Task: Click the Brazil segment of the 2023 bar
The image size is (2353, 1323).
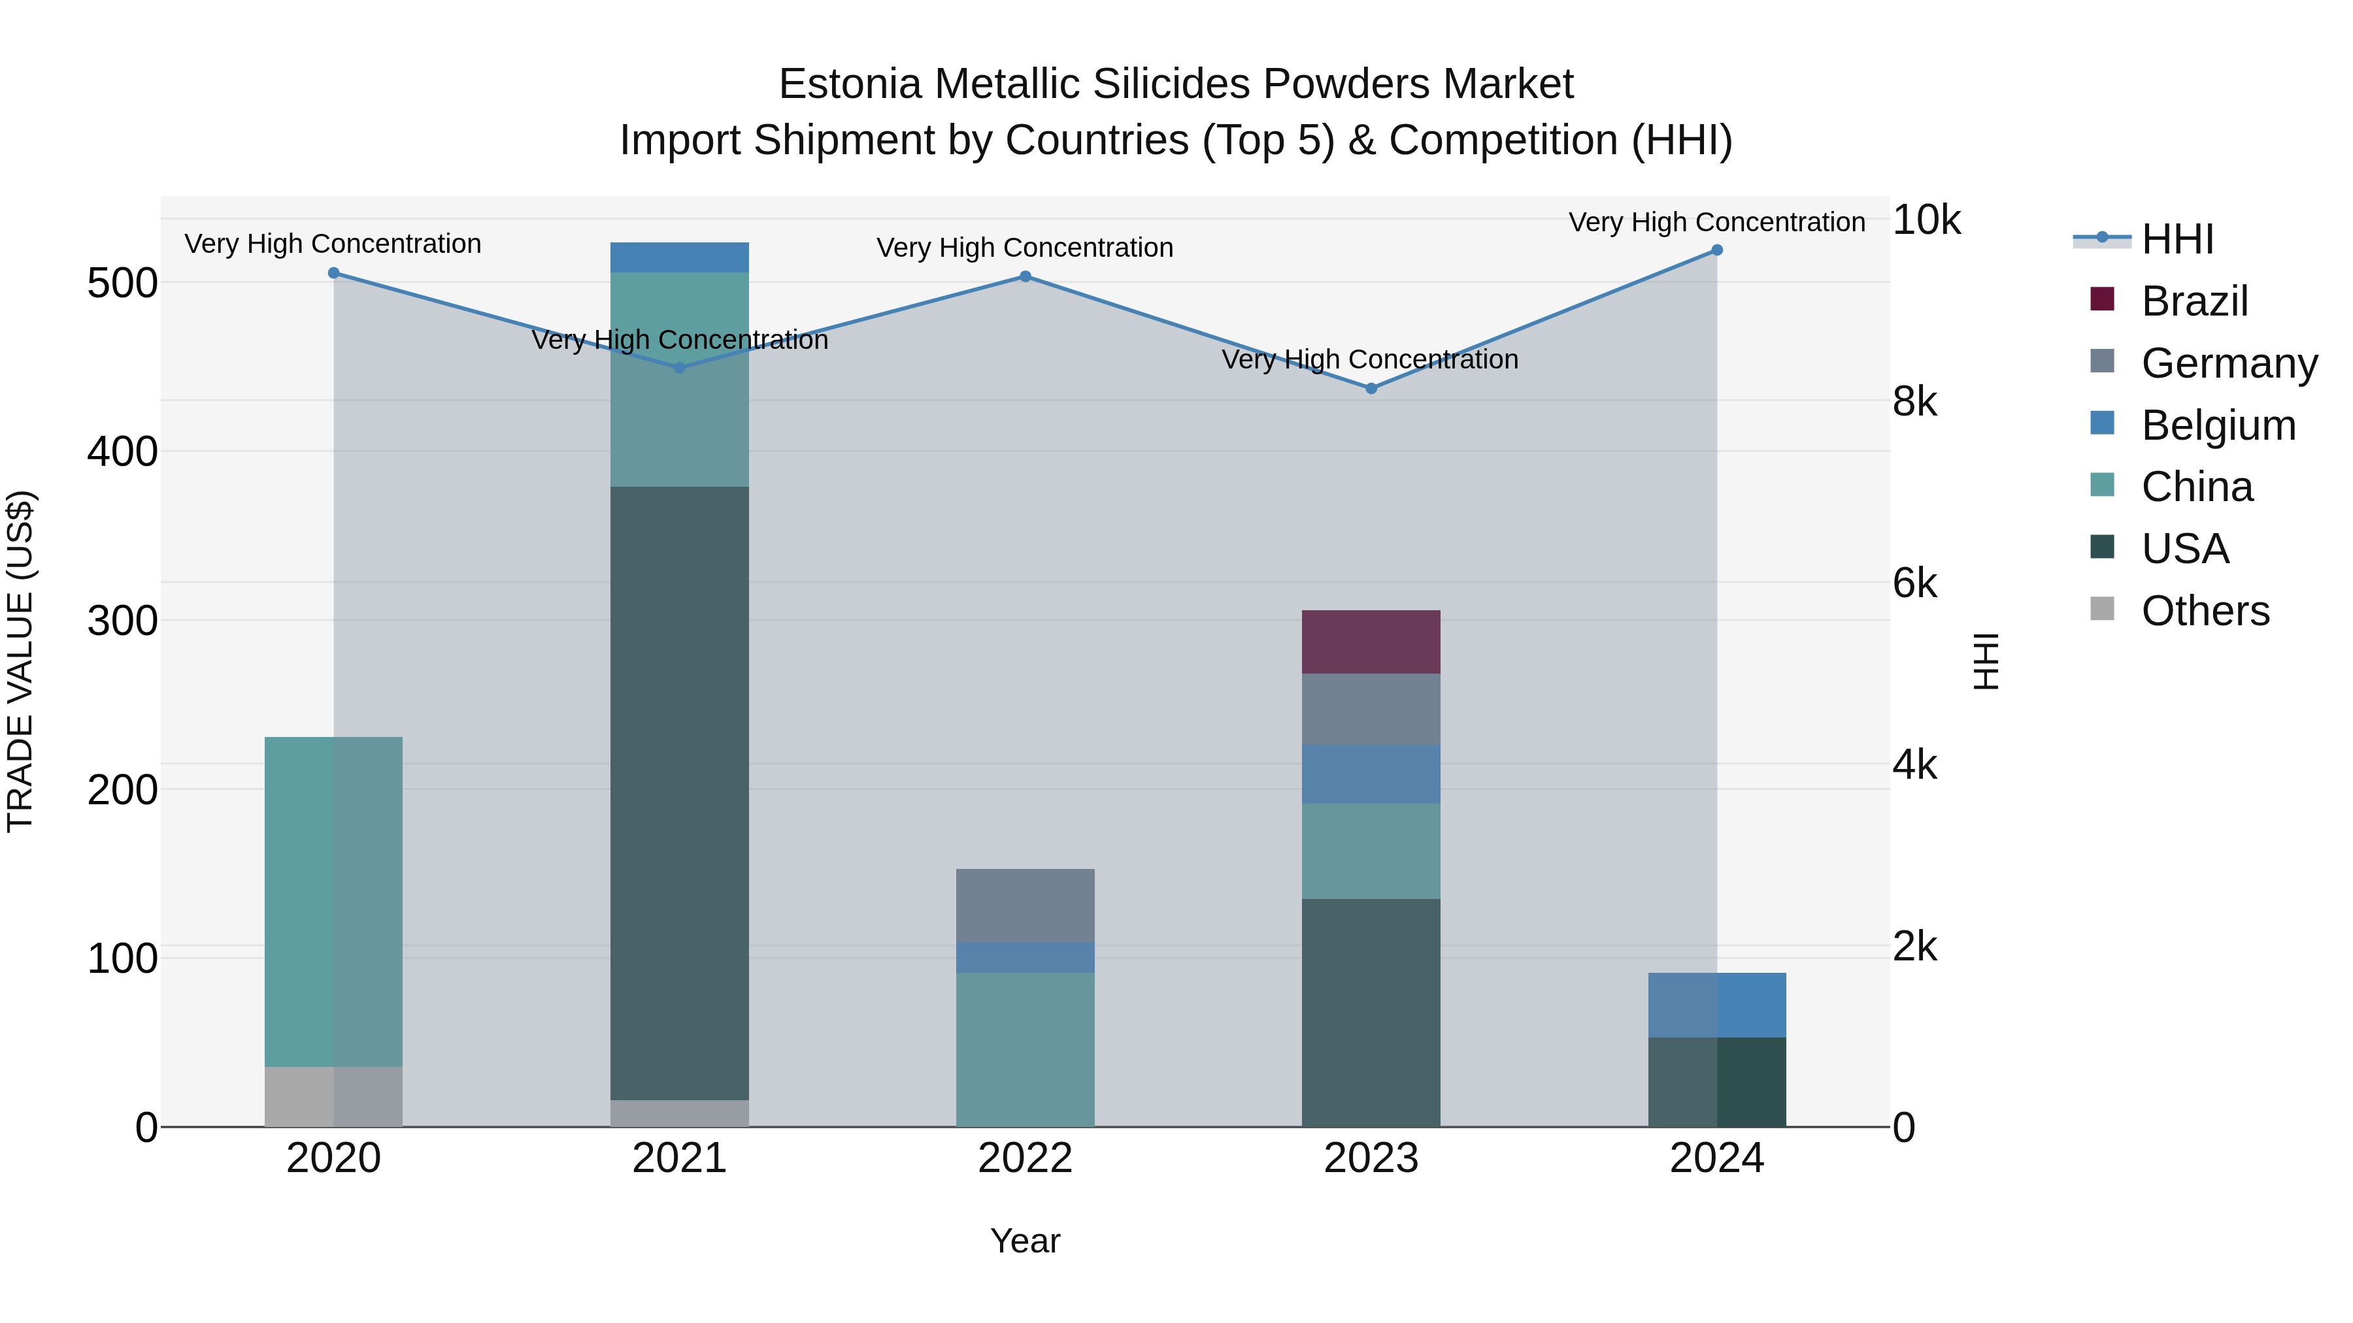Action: coord(1370,641)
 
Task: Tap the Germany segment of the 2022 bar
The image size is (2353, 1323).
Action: coord(1025,905)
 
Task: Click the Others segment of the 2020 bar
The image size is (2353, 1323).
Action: coord(333,1096)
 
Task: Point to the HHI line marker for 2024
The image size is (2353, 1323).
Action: coord(1716,250)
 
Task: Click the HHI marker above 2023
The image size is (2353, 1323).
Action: coord(1370,388)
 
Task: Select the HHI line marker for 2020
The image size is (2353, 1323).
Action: coord(333,273)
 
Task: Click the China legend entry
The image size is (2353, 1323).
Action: coord(2196,487)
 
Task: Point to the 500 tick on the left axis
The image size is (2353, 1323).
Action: coord(122,283)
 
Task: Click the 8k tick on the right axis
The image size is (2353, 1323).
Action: coord(1914,402)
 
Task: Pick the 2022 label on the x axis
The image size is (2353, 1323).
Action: coord(1025,1158)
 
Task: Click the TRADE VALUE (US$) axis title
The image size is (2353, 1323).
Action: coord(20,661)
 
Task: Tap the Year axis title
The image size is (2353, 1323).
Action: coord(1025,1241)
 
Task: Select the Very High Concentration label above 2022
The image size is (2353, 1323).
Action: coord(1025,248)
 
